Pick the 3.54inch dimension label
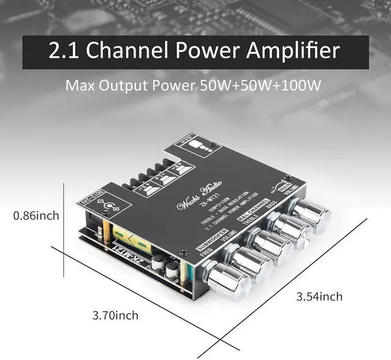click(x=320, y=297)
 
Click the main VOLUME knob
click(x=311, y=215)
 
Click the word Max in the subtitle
click(x=82, y=85)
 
